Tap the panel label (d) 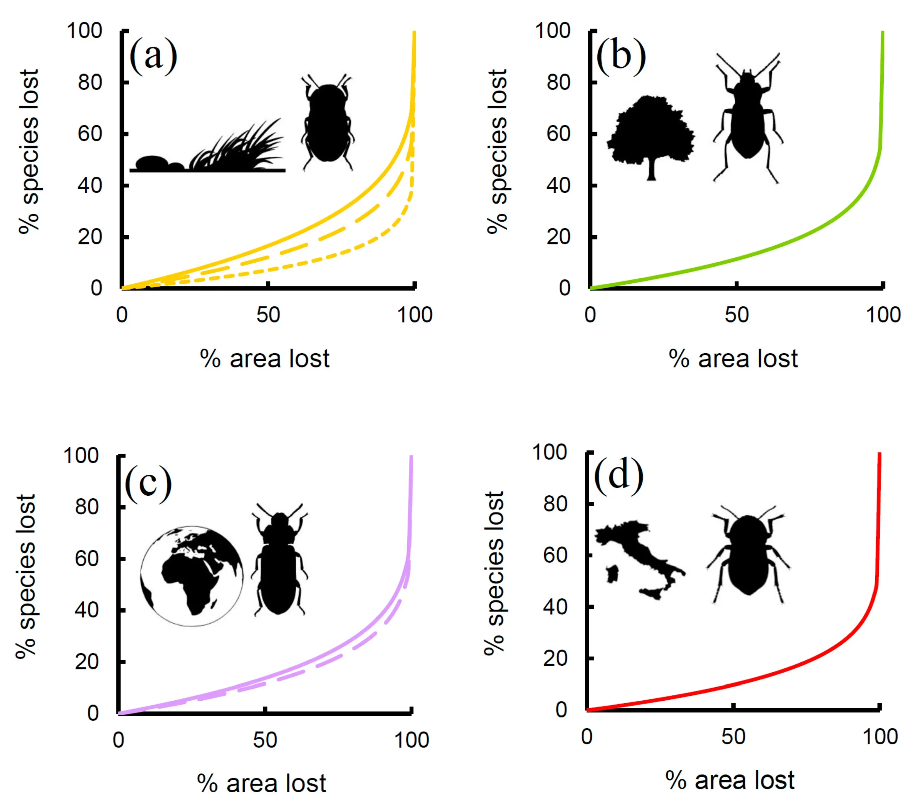(619, 477)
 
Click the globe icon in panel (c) (192, 576)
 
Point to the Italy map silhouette (639, 558)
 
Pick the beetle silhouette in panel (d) (748, 556)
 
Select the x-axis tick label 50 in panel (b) (736, 315)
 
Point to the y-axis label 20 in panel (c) (87, 662)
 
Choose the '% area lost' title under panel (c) (262, 783)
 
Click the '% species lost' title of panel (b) (497, 152)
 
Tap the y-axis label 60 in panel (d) (555, 555)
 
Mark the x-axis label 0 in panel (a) (122, 315)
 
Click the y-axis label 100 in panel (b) (552, 31)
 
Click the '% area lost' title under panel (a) (265, 359)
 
